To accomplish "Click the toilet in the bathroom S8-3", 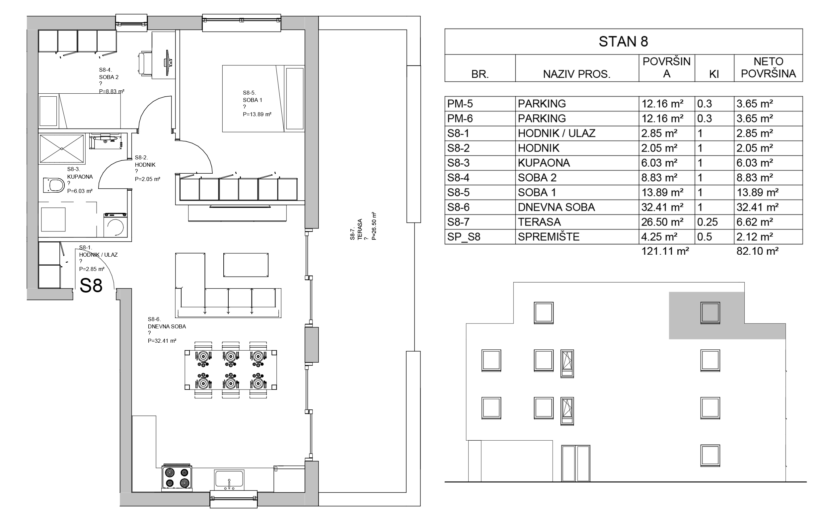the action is tap(54, 185).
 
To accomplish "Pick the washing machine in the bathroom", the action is tap(116, 224).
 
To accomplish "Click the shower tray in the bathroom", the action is tap(62, 148).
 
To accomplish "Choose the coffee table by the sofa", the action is tap(246, 265).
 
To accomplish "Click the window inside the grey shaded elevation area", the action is tap(710, 313).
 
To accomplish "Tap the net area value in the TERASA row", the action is tap(755, 222).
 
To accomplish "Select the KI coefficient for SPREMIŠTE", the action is tap(705, 237).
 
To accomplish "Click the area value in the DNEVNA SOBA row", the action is tap(662, 207).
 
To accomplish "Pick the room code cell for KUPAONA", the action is tap(480, 163).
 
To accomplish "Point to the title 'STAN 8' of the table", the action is tap(624, 42).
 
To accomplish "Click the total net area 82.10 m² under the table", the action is tap(758, 251).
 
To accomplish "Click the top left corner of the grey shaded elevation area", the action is tap(669, 292).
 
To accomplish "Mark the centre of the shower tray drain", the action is tap(62, 148).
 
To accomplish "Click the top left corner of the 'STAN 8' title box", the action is tap(445, 29).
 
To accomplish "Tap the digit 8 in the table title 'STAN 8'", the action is tap(644, 42).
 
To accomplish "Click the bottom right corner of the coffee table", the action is tap(268, 277).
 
